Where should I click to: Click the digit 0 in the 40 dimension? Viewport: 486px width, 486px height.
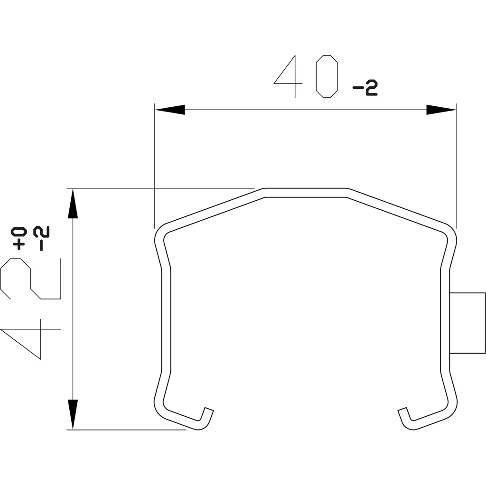coord(327,76)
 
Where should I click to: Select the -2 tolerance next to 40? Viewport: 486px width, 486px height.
coord(365,88)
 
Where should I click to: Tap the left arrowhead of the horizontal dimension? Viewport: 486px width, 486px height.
coord(170,110)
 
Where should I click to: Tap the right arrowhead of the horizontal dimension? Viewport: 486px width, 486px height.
coord(441,110)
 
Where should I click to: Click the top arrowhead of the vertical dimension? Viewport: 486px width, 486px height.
coord(73,203)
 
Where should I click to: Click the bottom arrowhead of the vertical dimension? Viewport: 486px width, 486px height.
coord(73,414)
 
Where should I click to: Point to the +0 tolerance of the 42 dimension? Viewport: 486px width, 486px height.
coord(19,238)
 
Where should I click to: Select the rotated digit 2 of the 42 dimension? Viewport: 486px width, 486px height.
coord(30,279)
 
